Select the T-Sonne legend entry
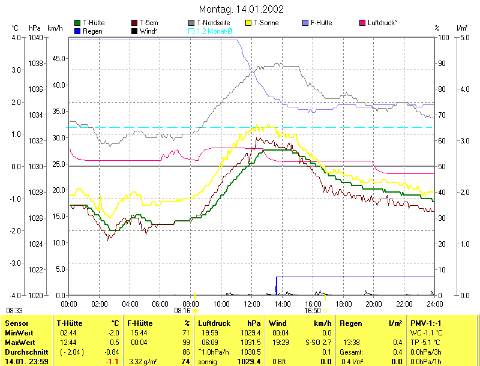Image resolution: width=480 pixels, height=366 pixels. click(x=266, y=23)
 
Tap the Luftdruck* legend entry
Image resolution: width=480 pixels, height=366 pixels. click(x=382, y=23)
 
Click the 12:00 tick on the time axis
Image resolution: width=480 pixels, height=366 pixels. click(x=252, y=303)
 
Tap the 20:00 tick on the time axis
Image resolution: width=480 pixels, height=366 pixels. click(x=374, y=303)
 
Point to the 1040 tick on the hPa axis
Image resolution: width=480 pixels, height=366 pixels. click(x=35, y=37)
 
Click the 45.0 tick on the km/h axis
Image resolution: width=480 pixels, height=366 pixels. click(x=58, y=59)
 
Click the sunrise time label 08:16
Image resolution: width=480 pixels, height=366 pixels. click(x=182, y=311)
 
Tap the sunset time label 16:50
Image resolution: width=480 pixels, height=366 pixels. click(x=313, y=311)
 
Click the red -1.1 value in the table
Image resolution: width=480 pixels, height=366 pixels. click(x=112, y=362)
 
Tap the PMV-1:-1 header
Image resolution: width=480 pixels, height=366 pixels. click(x=427, y=323)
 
